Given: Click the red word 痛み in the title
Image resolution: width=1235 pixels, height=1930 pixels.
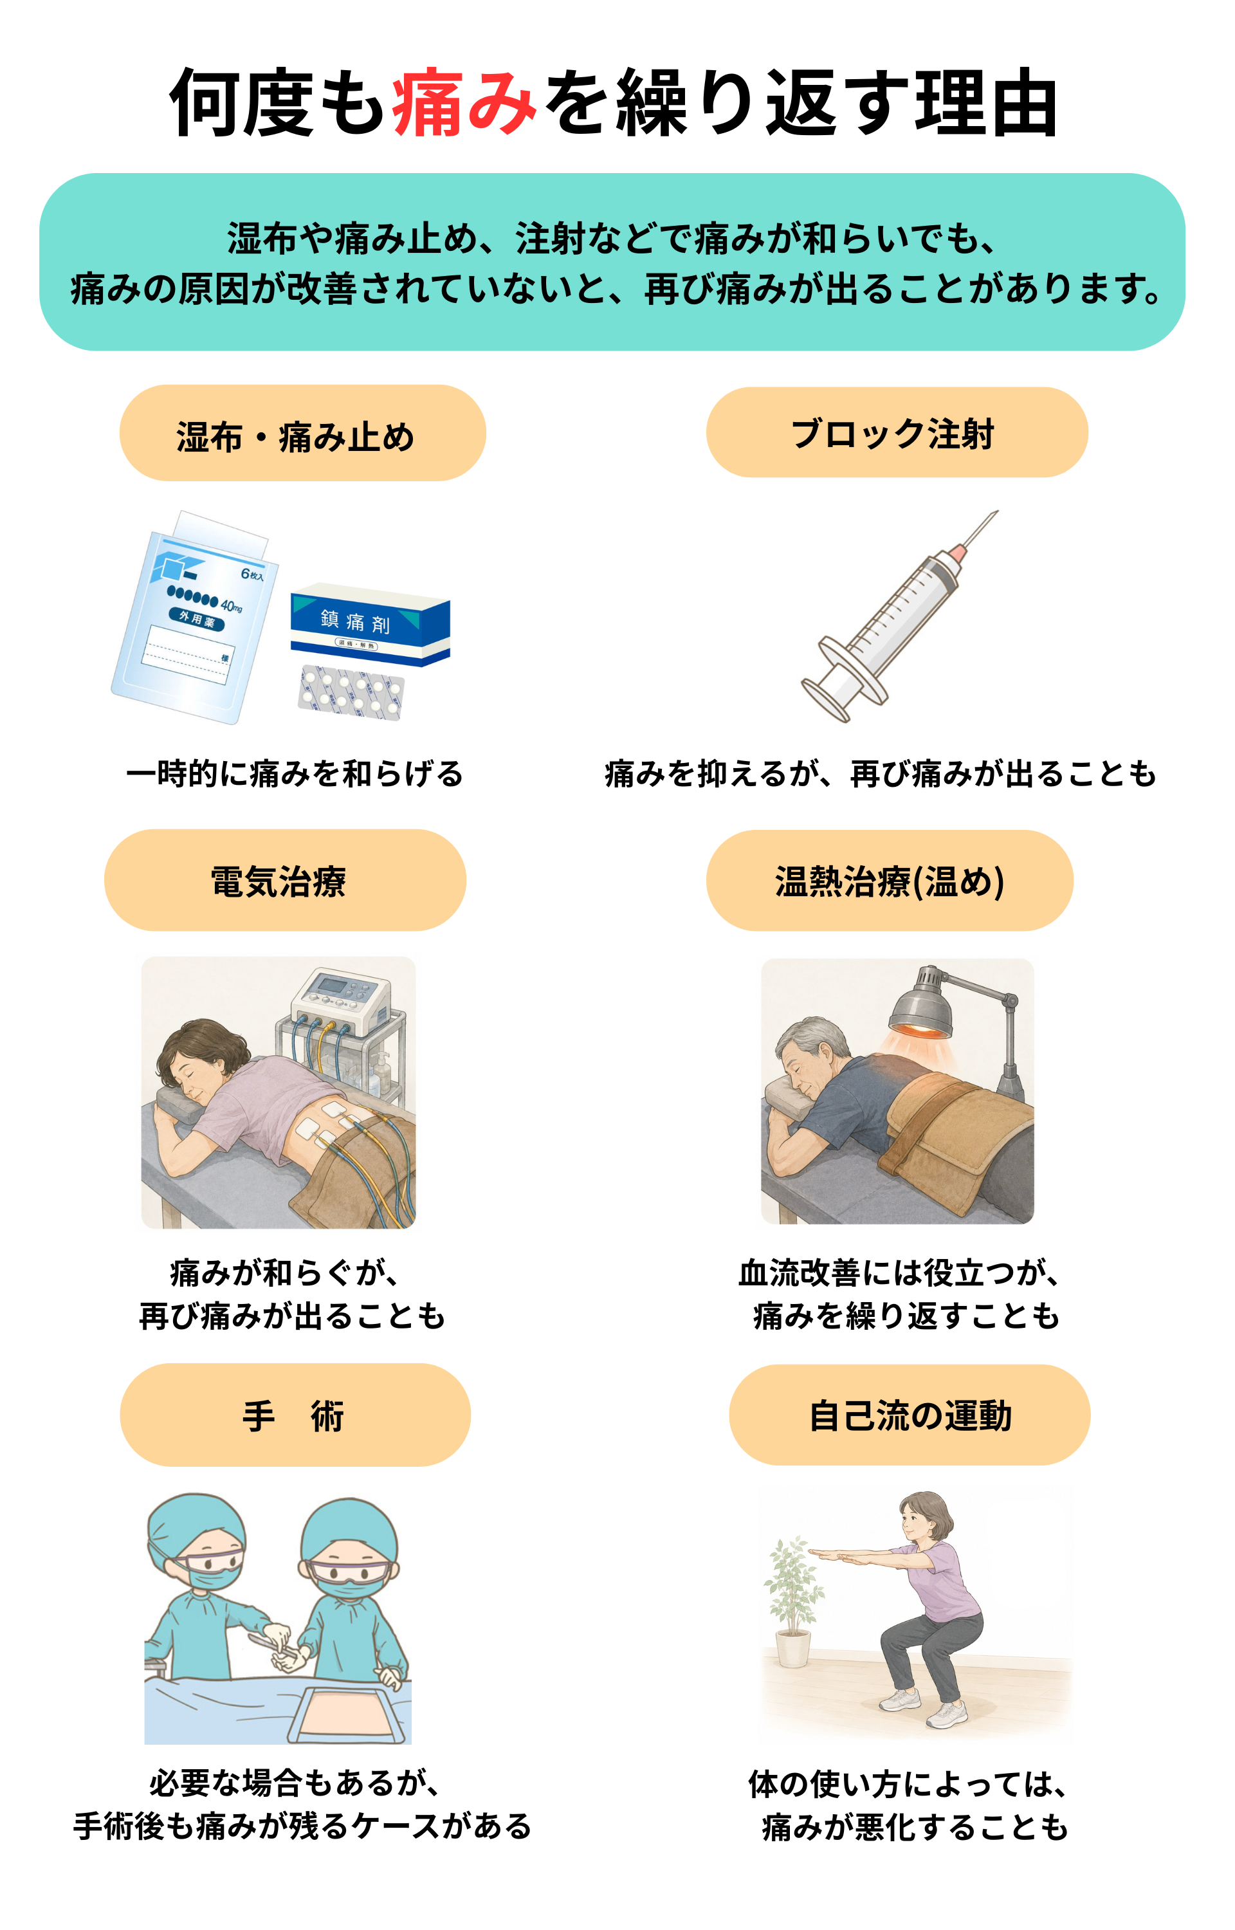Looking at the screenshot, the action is (x=464, y=103).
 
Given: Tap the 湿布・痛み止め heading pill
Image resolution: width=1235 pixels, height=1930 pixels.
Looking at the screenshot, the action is (x=302, y=433).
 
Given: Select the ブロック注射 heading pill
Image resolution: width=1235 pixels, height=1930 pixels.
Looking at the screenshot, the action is (x=897, y=432).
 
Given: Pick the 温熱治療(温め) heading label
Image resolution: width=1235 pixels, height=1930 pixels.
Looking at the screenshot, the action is (x=890, y=881).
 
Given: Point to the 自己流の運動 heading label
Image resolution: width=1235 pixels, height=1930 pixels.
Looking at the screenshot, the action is (x=910, y=1415).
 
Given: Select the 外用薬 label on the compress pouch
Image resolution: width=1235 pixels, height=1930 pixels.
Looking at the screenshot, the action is (x=196, y=618).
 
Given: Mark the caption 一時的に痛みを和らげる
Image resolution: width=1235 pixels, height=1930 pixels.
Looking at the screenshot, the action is (x=295, y=774).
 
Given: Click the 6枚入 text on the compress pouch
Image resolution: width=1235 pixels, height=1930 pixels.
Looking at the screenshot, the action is (x=252, y=574).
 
